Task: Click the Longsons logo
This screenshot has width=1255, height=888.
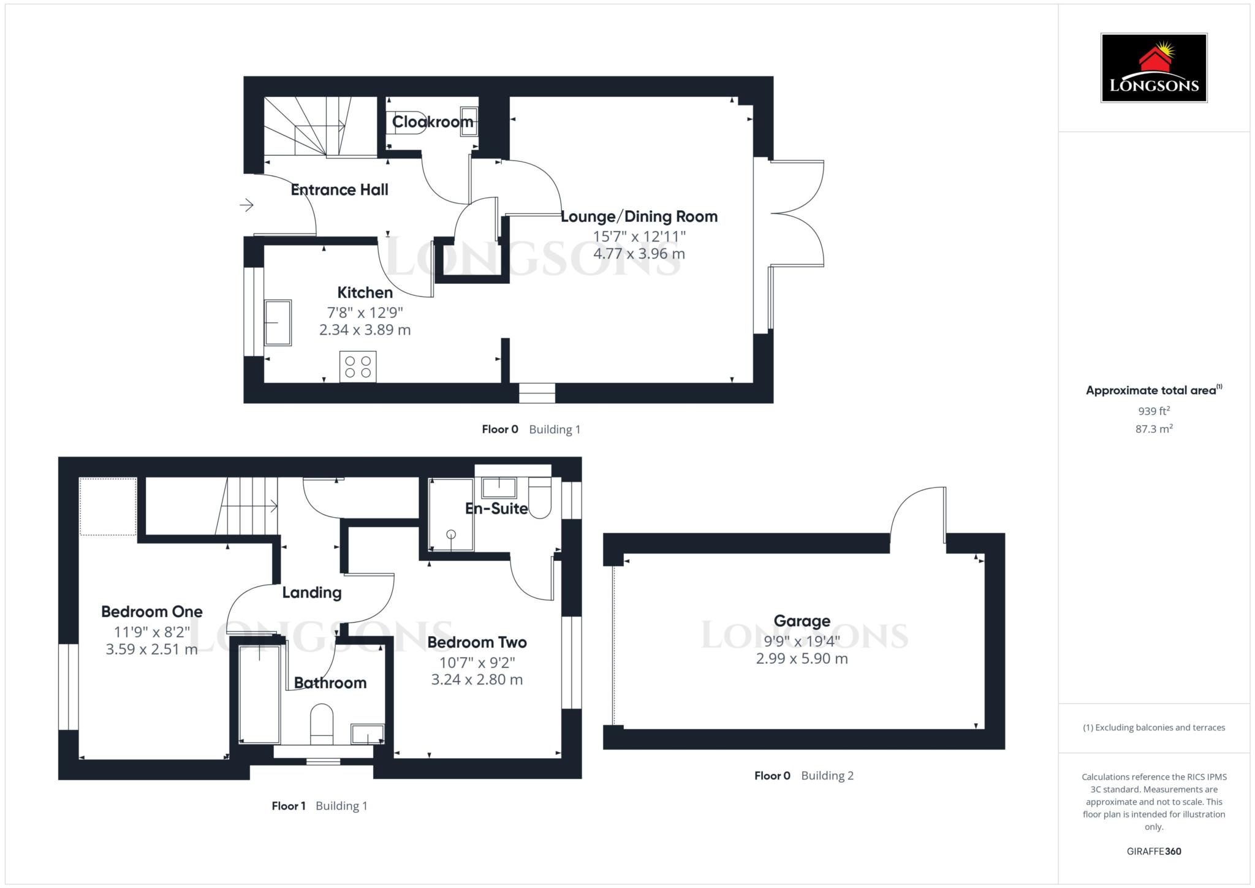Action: tap(1153, 67)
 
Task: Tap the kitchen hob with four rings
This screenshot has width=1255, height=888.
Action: tap(358, 366)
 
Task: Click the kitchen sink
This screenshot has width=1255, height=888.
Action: tap(278, 322)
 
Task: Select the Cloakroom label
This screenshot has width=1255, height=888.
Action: tap(433, 122)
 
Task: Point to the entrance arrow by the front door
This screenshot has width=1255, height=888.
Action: tap(246, 205)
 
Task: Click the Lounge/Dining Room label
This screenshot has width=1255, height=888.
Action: tap(639, 216)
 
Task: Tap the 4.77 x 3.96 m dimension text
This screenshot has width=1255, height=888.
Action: tap(639, 254)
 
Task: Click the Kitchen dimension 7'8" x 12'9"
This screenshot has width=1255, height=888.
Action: tap(365, 311)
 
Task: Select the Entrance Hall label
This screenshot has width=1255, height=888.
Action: tap(339, 190)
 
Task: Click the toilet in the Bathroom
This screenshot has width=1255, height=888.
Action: tap(322, 723)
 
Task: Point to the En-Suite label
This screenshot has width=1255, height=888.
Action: tap(496, 508)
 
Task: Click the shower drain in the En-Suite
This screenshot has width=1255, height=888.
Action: tap(452, 534)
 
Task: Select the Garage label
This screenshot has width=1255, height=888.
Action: tap(802, 621)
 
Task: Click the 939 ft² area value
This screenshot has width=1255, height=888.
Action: tap(1153, 411)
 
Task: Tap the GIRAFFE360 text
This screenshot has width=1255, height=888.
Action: tap(1153, 851)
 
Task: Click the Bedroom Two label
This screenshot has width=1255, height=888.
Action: tap(477, 642)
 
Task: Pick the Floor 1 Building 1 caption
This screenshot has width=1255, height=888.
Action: tap(319, 806)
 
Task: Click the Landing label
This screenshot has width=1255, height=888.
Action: tap(311, 593)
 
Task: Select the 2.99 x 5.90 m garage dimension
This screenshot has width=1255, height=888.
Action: tap(802, 659)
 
